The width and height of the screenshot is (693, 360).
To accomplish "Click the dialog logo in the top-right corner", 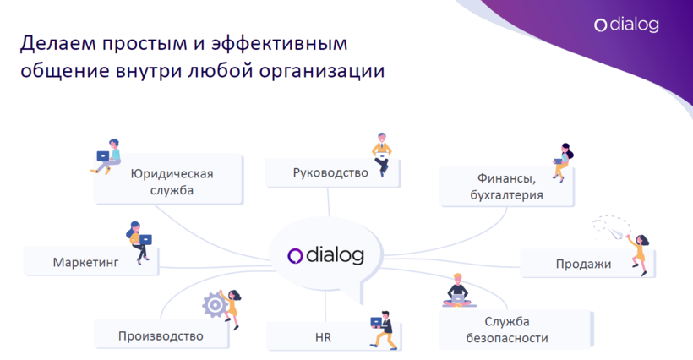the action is (x=626, y=25).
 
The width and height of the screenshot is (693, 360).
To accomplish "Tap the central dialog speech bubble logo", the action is (x=325, y=255).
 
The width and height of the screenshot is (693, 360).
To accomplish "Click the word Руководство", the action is (x=330, y=172).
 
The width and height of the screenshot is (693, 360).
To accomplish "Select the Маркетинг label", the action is (x=85, y=262).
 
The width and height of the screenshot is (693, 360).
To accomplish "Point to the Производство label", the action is (x=161, y=336).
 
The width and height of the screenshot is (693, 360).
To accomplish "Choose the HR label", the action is (x=323, y=337).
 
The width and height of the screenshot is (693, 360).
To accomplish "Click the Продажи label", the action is (x=583, y=265).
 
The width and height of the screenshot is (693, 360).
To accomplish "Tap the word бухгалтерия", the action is (x=506, y=195).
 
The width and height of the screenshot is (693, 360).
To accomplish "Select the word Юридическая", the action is (x=172, y=173).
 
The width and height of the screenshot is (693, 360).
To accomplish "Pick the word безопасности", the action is (x=507, y=338).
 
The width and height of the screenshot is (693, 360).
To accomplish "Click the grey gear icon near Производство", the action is (x=215, y=305).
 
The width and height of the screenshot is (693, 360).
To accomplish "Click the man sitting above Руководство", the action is (x=382, y=155).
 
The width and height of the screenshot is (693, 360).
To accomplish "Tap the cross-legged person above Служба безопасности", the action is (x=458, y=291).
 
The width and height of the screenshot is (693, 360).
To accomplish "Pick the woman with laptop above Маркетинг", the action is (x=139, y=243).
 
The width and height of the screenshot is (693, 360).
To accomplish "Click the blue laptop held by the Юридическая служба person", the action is (x=103, y=156).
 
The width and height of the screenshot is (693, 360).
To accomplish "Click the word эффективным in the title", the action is (x=279, y=44).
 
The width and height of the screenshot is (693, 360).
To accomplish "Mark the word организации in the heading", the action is (x=322, y=71).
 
